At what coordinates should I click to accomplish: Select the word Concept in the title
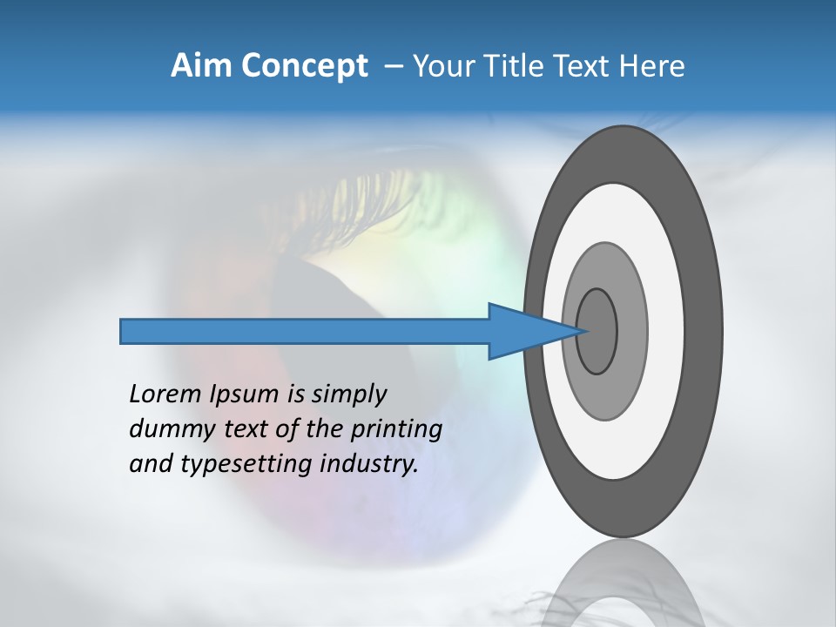[x=304, y=66]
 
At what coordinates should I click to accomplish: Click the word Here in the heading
[x=651, y=66]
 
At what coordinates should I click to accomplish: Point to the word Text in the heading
[x=584, y=66]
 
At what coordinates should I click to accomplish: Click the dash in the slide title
[x=393, y=66]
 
